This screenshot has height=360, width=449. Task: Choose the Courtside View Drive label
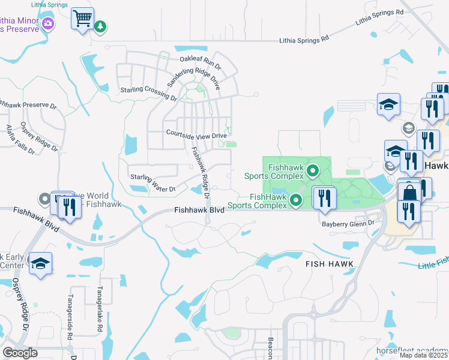pos(196,135)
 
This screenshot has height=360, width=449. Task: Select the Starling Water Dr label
pos(152,182)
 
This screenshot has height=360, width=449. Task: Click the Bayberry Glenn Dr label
pos(348,223)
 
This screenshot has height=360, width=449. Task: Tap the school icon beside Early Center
pos(40,263)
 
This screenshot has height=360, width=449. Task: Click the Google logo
pos(20,352)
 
